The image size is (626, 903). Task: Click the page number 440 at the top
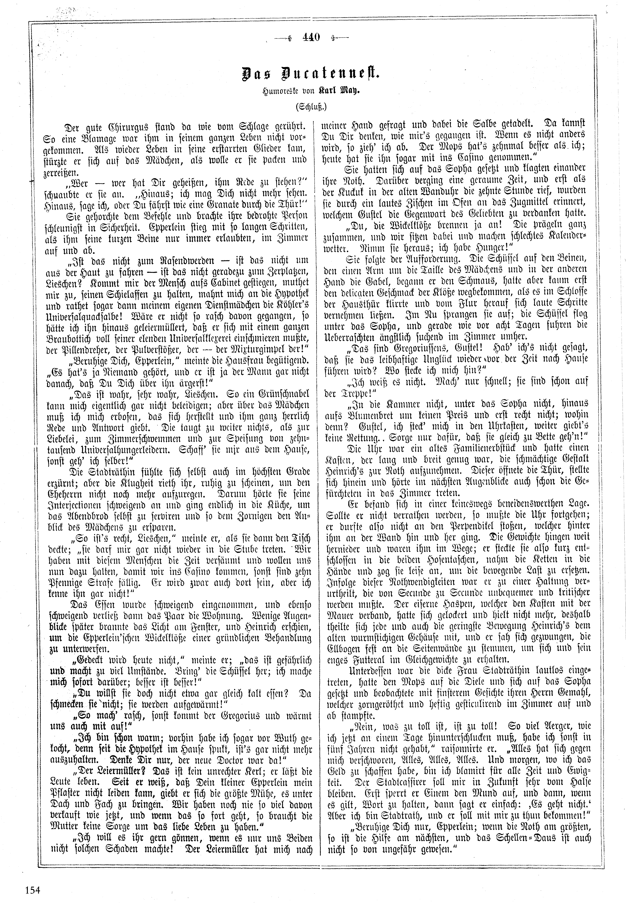coord(311,38)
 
